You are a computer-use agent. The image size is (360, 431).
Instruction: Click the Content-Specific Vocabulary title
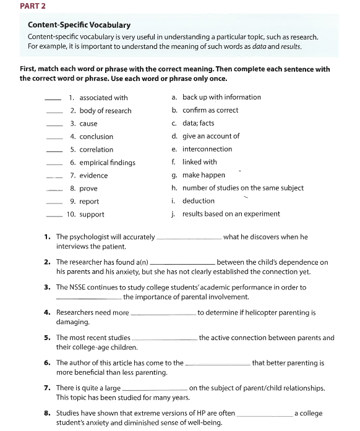coord(79,25)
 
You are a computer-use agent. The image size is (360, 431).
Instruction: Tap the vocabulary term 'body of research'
coord(105,111)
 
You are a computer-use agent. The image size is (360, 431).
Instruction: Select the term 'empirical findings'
coord(107,163)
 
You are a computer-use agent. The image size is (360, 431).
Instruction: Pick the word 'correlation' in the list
coord(96,150)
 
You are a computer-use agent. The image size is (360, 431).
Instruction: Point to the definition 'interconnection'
coord(207,149)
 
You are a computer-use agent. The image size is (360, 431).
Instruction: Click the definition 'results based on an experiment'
coord(231,214)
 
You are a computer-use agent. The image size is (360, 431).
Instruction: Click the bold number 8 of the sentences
coord(47,413)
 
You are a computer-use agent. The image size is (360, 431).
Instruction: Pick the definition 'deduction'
coord(198,201)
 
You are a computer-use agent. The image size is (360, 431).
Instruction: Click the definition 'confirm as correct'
coord(210,110)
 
